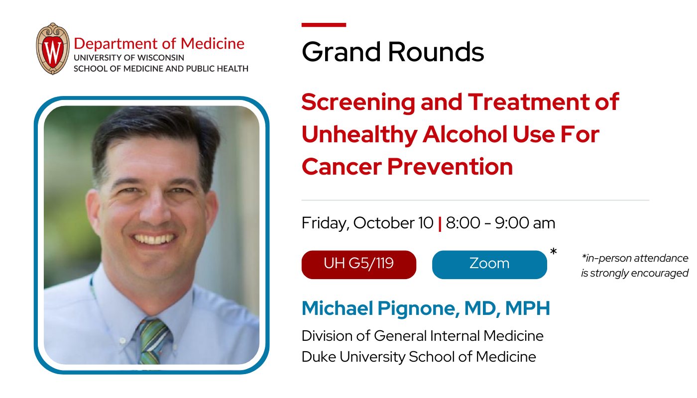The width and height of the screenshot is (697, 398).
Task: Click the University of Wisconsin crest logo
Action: pos(52,49)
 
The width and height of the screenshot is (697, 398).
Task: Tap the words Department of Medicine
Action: pos(159,43)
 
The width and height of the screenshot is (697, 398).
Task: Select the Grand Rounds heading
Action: pos(392,51)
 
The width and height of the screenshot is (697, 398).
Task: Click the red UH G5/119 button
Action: pos(358,264)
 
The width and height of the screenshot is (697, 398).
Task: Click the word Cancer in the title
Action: pos(342,166)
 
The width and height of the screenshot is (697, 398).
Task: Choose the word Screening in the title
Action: pos(358,102)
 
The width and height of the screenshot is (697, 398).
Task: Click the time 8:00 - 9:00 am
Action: pos(500,223)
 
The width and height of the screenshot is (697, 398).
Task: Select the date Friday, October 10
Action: pos(367,223)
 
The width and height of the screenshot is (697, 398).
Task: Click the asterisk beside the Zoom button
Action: pos(553,253)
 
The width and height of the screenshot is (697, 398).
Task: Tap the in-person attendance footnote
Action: pos(634,266)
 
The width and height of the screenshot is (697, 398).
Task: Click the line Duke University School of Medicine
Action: pos(419,357)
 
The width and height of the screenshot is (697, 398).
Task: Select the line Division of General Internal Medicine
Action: pos(422,336)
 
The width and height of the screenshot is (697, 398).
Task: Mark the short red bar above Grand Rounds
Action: pos(324,25)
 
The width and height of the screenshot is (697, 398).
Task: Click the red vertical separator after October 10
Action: pos(440,224)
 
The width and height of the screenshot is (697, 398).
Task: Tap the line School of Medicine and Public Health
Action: pos(161,69)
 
